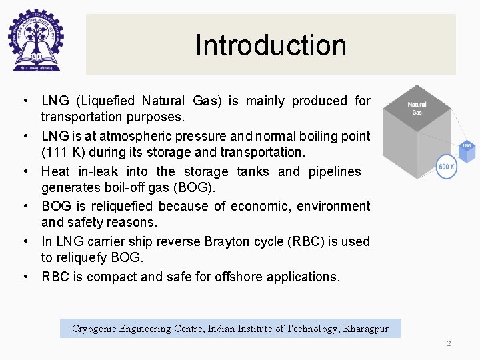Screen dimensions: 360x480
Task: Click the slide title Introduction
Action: pyautogui.click(x=271, y=45)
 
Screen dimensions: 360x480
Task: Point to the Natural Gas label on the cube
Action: pyautogui.click(x=417, y=108)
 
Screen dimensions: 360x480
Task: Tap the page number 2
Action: pyautogui.click(x=449, y=343)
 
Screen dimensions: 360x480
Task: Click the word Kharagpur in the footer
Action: pyautogui.click(x=365, y=329)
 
